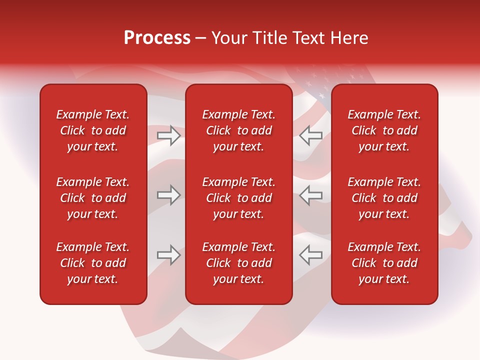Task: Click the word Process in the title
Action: [157, 38]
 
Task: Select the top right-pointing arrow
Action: [168, 135]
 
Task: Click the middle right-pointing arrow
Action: [168, 195]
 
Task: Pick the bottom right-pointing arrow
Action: [168, 255]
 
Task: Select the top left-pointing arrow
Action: [311, 135]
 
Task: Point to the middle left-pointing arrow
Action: [311, 195]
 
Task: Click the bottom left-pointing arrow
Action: [311, 255]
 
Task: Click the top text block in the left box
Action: [93, 130]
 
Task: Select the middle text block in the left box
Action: [93, 198]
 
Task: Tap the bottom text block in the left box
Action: [93, 263]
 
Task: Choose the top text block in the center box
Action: [238, 130]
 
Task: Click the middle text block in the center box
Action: [238, 198]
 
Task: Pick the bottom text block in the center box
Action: [238, 263]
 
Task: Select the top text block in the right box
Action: [384, 130]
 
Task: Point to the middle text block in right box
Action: [384, 198]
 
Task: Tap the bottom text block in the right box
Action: [384, 263]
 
